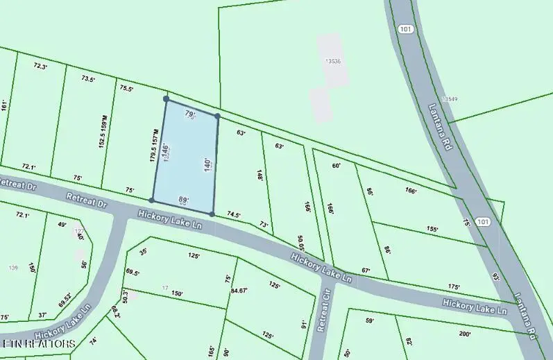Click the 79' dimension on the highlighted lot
[190, 114]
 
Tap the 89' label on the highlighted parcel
[184, 200]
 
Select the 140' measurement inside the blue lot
[207, 164]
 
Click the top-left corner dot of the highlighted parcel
[166, 99]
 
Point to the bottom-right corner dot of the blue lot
[212, 214]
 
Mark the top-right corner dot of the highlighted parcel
[217, 117]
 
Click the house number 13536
[334, 62]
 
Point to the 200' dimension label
[465, 334]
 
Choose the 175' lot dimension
[454, 286]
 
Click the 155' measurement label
[432, 229]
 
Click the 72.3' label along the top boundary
[41, 67]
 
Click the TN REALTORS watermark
[39, 343]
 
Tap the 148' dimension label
[260, 175]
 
